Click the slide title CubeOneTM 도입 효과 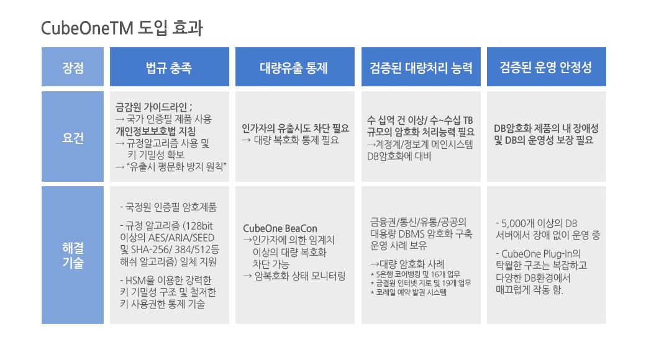coord(122,28)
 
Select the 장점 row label coord(73,68)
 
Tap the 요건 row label coord(73,138)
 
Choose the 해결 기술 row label coord(73,255)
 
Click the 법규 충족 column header coord(169,68)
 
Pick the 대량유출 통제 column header coord(294,68)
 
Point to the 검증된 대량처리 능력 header coord(421,68)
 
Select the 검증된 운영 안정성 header coord(546,68)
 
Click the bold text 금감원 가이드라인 coord(151,107)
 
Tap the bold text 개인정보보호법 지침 coord(156,132)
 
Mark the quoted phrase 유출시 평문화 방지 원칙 coord(176,167)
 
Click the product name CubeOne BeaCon coord(280,228)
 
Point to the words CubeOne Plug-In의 coord(540,254)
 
